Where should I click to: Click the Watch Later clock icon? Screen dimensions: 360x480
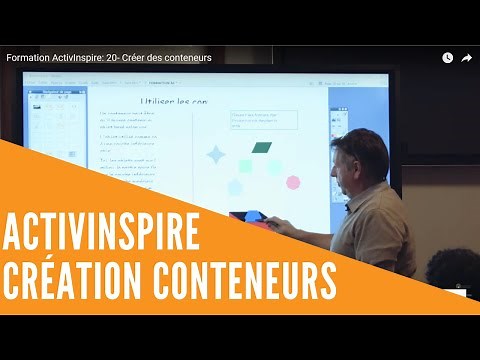click(447, 58)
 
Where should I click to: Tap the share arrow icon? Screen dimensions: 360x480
click(466, 58)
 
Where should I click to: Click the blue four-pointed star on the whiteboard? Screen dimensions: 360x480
click(215, 154)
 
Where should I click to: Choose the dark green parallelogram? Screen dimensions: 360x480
click(262, 147)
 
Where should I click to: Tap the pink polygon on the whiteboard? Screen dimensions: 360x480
click(293, 182)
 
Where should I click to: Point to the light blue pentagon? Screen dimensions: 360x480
click(236, 187)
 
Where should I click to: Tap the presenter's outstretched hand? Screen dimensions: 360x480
click(281, 224)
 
